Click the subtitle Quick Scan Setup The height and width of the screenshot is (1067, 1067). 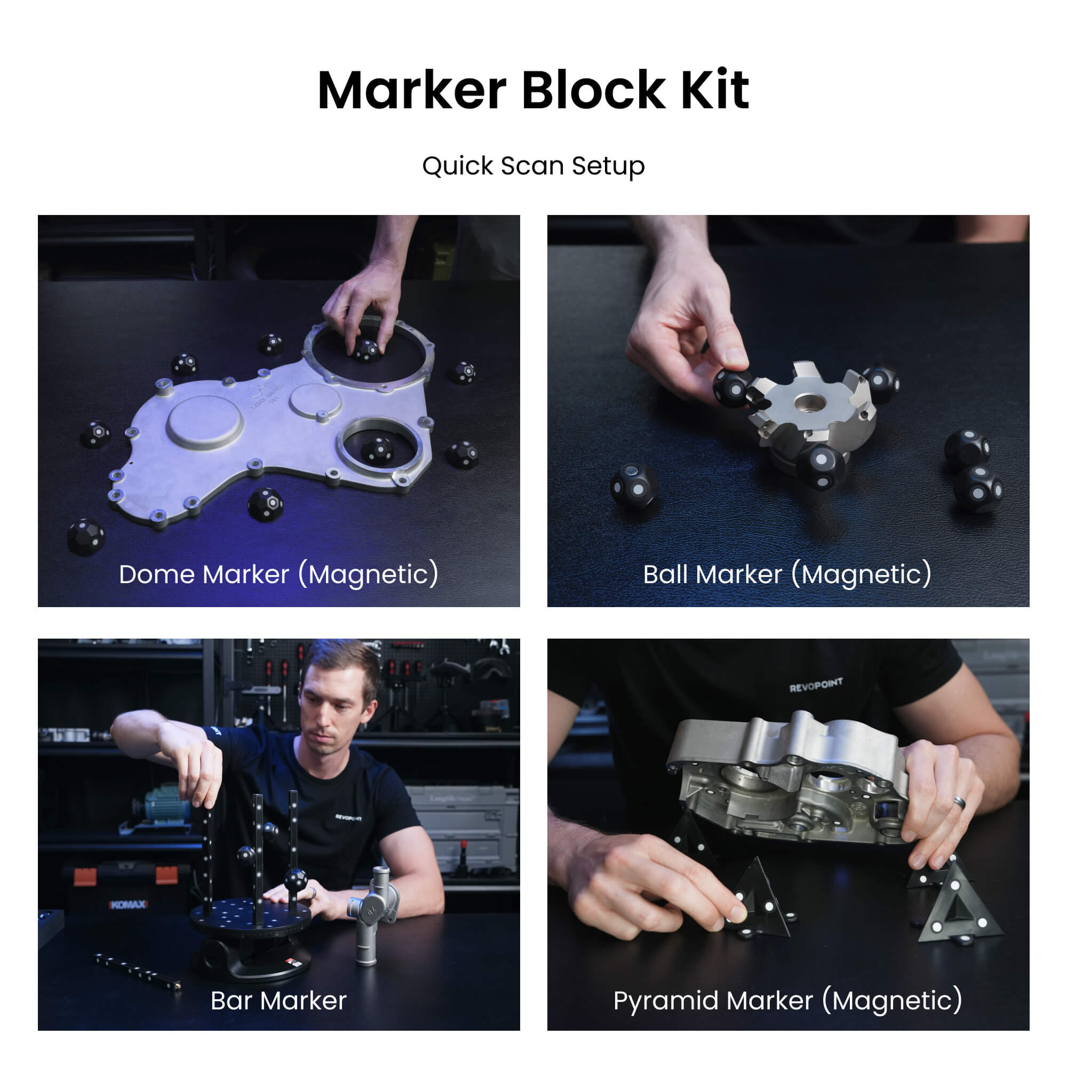pos(533,166)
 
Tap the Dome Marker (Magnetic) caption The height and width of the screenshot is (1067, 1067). pos(279,575)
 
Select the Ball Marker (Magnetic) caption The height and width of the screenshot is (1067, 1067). pos(787,575)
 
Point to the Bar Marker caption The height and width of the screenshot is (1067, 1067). pos(278,1001)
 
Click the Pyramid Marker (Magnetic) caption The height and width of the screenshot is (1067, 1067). pos(787,1001)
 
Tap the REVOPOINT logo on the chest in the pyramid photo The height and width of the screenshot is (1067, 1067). pos(815,686)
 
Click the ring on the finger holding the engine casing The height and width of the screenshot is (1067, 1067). pos(960,802)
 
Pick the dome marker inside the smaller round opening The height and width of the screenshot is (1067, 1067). pos(378,450)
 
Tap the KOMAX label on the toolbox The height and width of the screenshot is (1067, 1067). pos(128,904)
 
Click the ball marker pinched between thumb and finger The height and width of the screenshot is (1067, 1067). pos(731,388)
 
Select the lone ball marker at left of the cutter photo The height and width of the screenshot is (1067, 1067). pos(634,486)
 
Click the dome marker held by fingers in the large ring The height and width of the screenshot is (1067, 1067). pos(365,350)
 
